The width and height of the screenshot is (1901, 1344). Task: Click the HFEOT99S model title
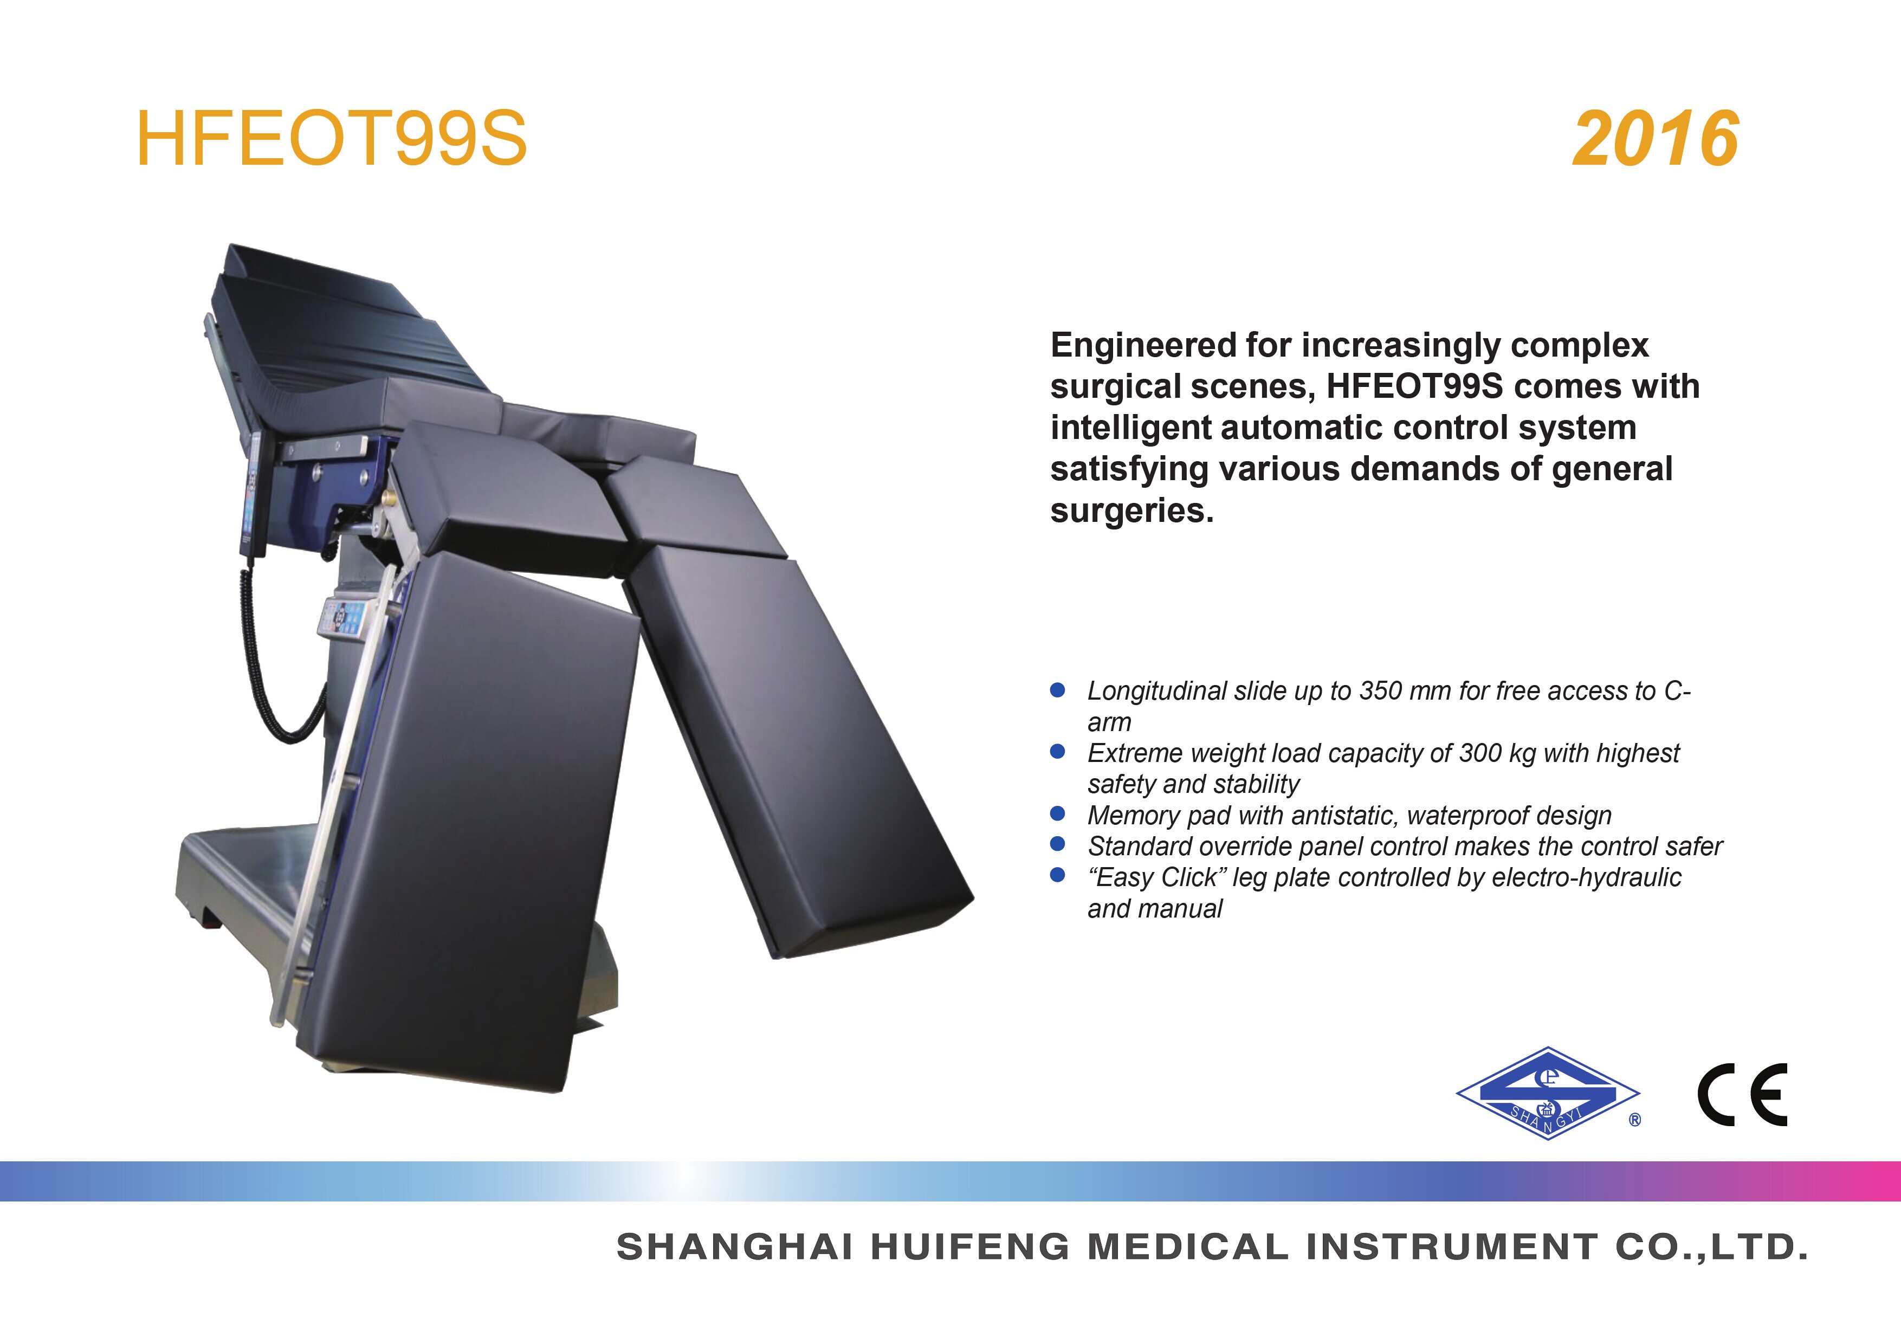point(331,138)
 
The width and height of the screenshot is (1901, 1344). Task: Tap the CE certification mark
point(1742,1094)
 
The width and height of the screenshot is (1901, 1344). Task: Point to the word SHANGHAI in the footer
point(734,1247)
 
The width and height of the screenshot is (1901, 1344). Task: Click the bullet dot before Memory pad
point(1057,813)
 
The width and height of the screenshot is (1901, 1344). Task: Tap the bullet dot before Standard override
point(1057,844)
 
